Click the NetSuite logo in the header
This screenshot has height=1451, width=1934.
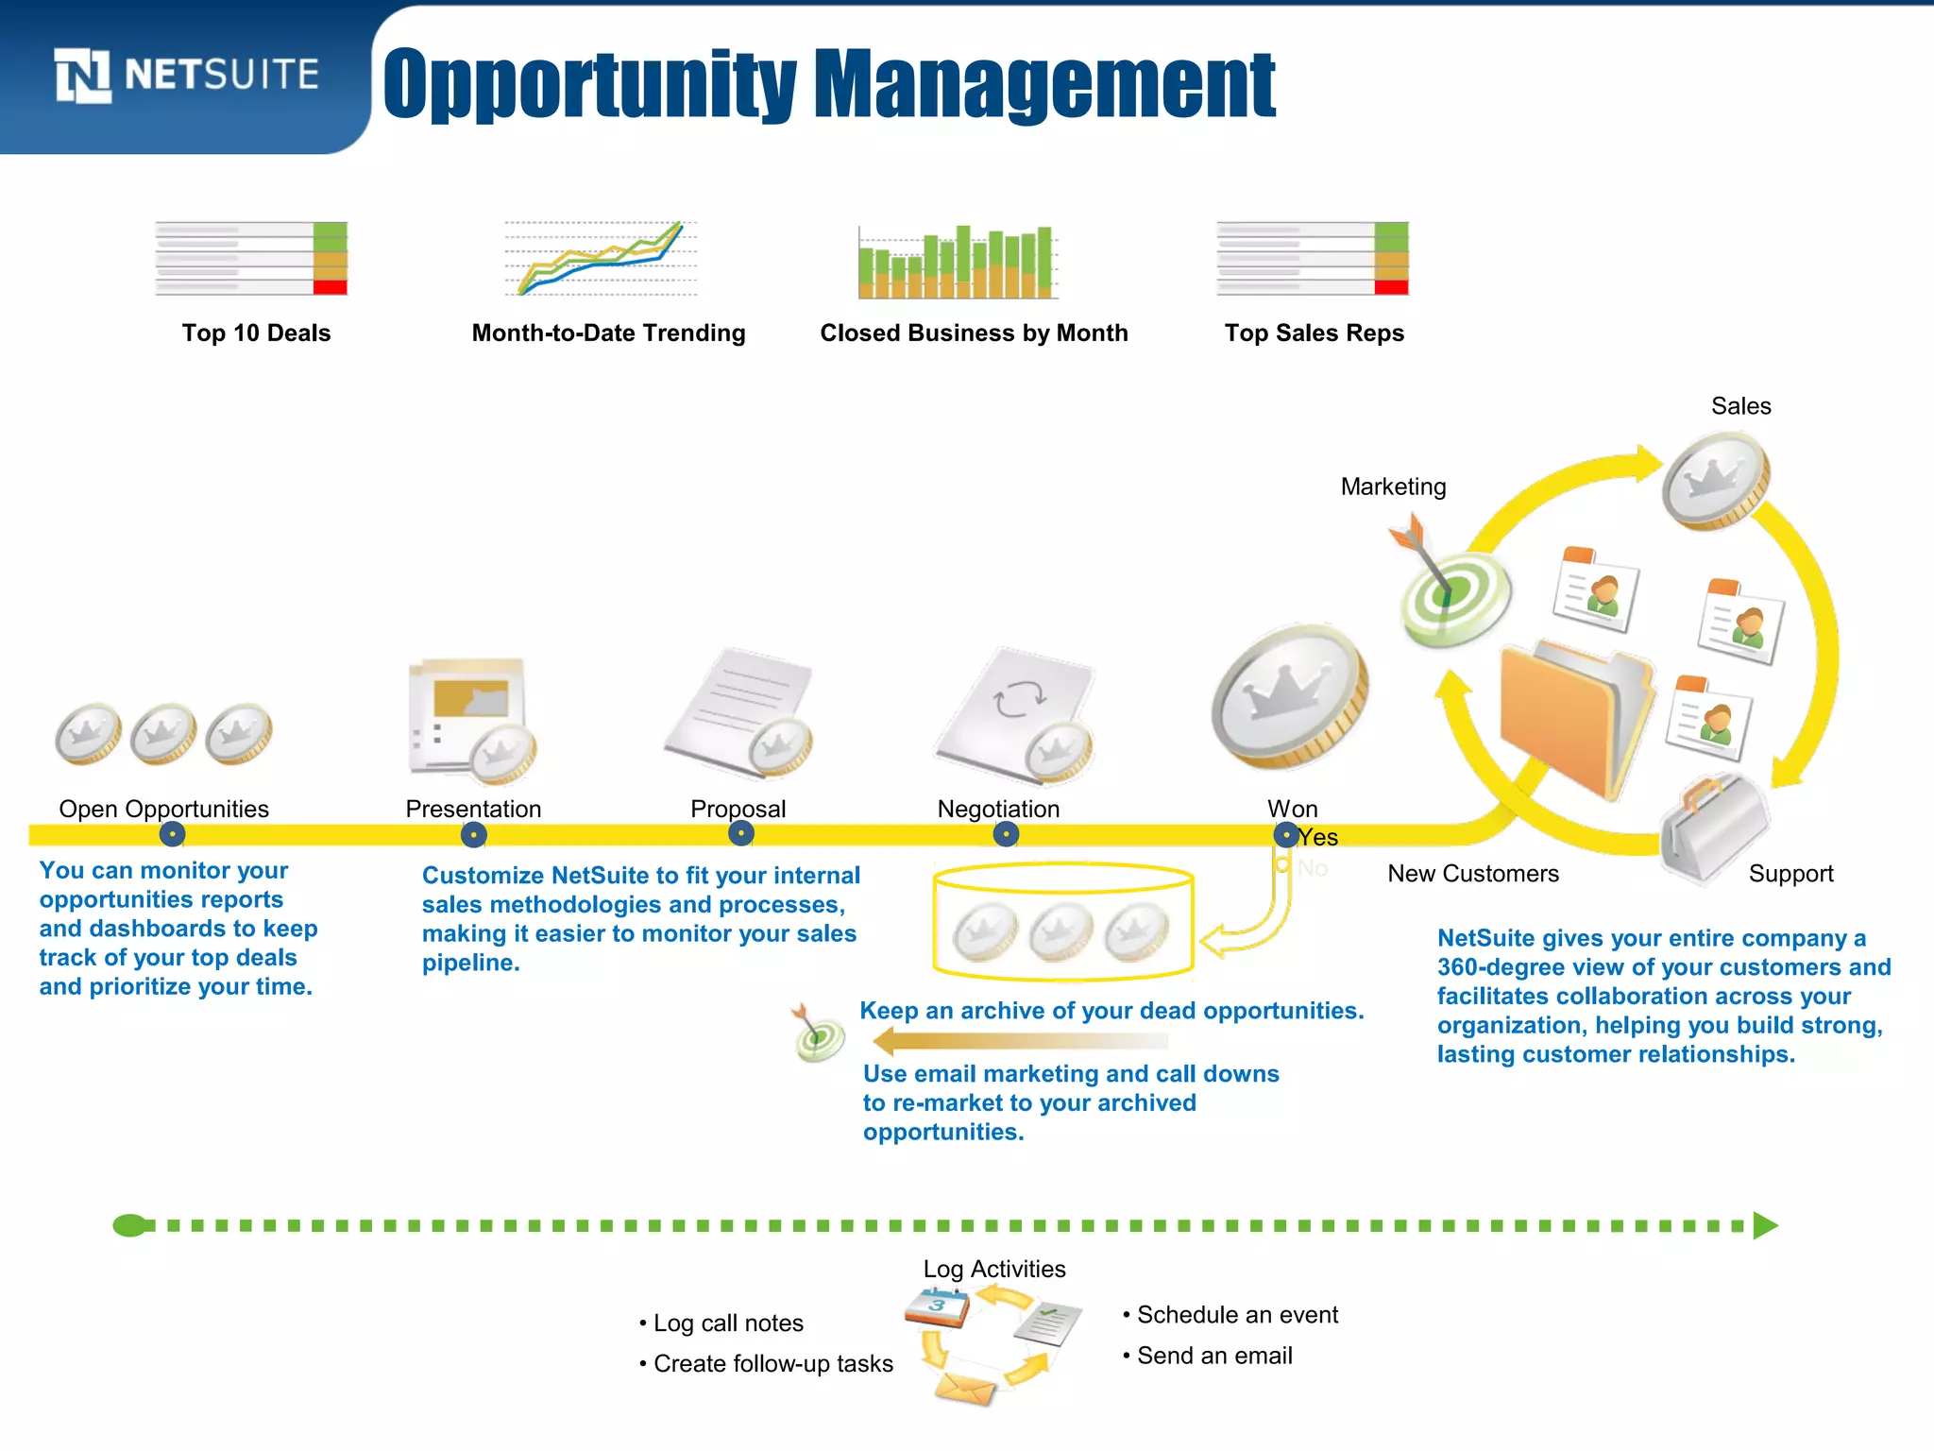click(186, 75)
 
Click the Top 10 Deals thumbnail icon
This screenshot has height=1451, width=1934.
click(251, 258)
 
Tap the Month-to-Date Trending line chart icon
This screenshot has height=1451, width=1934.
click(601, 258)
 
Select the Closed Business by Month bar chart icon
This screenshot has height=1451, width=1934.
click(957, 262)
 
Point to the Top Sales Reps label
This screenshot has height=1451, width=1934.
click(1314, 333)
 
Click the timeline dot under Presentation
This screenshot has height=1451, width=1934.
click(473, 835)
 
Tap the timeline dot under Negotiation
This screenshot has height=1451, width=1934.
click(1006, 834)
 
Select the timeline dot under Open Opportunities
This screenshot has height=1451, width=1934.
click(172, 835)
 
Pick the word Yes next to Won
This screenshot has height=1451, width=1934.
click(1318, 837)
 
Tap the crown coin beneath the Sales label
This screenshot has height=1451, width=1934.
click(1716, 480)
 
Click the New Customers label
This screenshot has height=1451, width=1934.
click(1472, 874)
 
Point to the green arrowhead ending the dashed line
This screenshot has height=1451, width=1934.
click(1764, 1225)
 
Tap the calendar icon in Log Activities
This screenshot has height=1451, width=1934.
click(937, 1308)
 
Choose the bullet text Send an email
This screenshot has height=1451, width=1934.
click(1214, 1356)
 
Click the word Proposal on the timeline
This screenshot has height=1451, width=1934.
click(738, 809)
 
